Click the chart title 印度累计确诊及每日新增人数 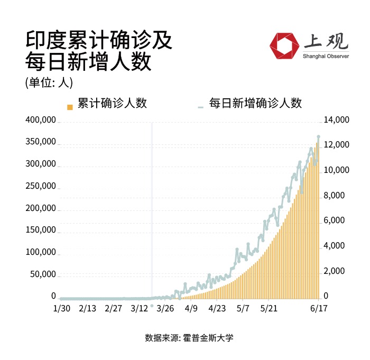[98, 52]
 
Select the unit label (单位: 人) [49, 82]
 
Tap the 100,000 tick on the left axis [41, 252]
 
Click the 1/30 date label [62, 308]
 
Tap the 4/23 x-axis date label [217, 308]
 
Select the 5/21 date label [269, 308]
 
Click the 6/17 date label [318, 308]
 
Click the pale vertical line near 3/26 [152, 211]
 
